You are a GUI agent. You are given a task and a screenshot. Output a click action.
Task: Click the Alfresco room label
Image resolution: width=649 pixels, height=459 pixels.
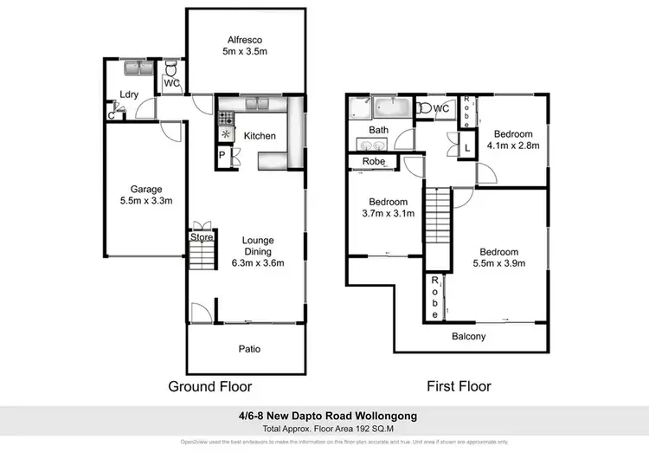coord(245,40)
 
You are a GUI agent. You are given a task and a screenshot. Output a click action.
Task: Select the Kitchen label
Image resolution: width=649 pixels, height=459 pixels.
coord(260,136)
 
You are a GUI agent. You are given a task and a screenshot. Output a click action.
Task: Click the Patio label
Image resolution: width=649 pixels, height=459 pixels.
coord(250,349)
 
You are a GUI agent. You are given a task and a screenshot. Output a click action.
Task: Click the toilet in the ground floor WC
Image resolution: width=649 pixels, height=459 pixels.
coord(170,68)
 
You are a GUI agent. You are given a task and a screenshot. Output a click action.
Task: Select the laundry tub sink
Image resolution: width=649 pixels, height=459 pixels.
coord(138,67)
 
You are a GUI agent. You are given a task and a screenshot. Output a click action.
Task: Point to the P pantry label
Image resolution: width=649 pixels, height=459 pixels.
coord(222,156)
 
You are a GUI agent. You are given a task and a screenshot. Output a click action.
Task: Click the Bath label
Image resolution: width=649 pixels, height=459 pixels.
coord(379,131)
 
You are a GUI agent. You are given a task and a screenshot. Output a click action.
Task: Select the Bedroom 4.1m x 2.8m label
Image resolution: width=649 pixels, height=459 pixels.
coord(513,139)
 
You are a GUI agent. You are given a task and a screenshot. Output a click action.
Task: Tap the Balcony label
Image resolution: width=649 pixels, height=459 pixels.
coord(469,337)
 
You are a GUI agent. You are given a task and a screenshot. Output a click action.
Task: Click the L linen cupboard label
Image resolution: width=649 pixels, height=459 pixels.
coord(467,146)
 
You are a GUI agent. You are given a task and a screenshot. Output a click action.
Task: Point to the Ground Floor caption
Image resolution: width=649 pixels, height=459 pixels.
coord(210,386)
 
